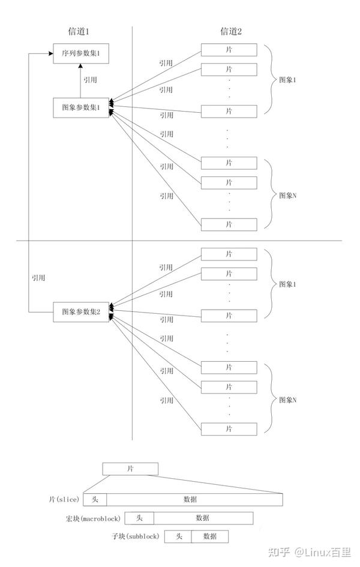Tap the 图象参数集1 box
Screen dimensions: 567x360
81,108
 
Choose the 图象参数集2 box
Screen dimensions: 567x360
81,313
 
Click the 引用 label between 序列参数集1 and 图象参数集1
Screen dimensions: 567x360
91,79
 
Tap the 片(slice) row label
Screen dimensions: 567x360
64,499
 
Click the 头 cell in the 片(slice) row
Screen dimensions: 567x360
95,499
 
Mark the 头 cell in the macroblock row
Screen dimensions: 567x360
139,518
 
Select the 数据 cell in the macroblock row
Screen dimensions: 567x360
203,518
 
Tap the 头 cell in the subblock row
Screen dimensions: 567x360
178,536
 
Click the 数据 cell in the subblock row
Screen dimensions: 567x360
210,536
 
